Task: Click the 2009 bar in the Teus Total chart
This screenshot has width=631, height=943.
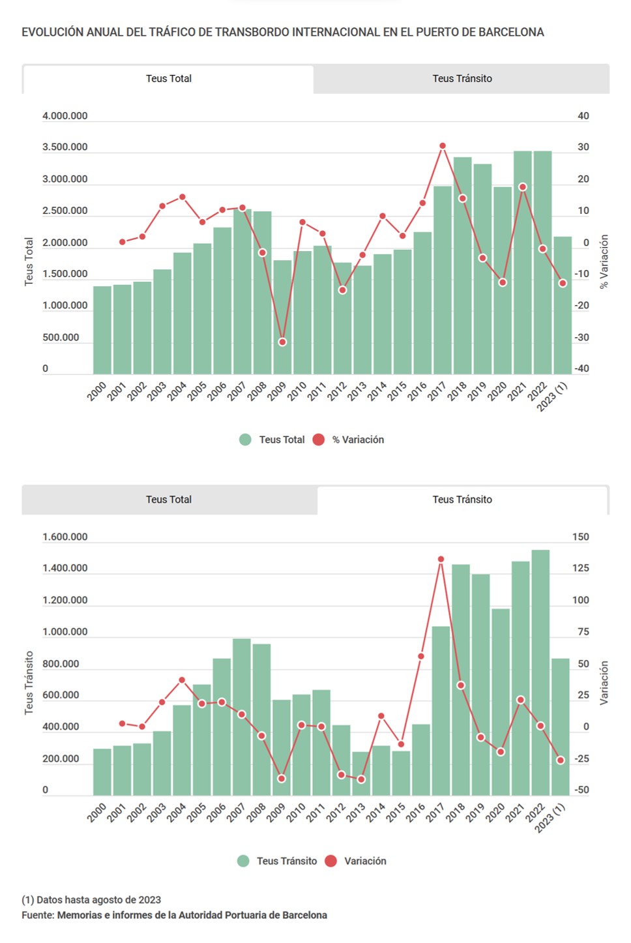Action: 282,317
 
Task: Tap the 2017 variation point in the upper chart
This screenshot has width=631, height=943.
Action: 443,146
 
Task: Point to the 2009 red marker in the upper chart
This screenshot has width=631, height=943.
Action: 282,342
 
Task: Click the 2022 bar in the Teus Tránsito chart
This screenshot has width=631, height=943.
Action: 540,672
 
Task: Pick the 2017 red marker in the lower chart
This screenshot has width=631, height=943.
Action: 441,560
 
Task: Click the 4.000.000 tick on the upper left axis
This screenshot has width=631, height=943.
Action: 65,116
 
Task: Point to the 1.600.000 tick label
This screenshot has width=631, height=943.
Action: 65,537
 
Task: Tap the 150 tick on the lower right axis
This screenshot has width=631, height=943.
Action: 580,537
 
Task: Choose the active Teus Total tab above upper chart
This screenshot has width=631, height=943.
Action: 168,79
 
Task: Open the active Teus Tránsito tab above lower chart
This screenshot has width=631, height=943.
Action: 462,500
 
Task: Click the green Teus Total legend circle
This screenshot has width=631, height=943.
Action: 245,440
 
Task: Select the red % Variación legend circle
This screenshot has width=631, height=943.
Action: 318,440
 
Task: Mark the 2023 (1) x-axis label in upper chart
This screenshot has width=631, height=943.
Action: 553,397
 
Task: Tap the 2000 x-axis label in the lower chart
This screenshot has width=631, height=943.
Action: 97,813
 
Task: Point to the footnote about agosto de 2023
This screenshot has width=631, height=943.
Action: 91,900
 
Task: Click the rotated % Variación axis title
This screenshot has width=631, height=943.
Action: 604,261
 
